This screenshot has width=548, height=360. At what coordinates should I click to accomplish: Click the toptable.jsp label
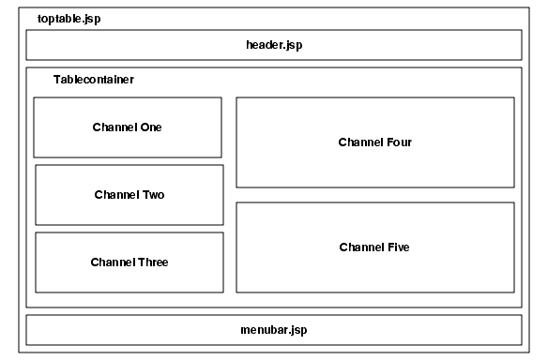point(68,19)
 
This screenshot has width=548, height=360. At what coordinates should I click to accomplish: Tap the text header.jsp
point(273,45)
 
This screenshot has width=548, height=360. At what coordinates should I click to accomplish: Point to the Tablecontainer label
point(93,80)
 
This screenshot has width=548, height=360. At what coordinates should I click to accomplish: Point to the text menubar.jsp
point(273,330)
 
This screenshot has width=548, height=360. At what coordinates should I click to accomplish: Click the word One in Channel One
point(150,127)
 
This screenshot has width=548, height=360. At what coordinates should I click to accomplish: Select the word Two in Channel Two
point(153,195)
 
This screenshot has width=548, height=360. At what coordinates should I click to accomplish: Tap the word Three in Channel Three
point(152,262)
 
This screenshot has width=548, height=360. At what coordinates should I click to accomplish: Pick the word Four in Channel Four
point(399,142)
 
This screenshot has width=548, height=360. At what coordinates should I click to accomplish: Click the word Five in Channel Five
point(398,247)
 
